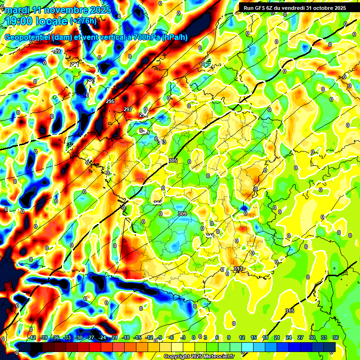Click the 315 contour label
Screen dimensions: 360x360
pyautogui.click(x=289, y=311)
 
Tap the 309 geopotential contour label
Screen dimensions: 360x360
pyautogui.click(x=182, y=214)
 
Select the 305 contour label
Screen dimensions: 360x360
pyautogui.click(x=172, y=160)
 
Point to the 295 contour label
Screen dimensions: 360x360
pyautogui.click(x=110, y=101)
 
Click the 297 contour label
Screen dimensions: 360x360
pyautogui.click(x=127, y=109)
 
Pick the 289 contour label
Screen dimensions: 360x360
pyautogui.click(x=56, y=51)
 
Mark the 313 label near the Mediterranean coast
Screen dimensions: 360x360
pyautogui.click(x=238, y=269)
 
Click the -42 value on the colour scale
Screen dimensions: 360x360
pyautogui.click(x=32, y=337)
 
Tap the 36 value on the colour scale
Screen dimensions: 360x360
pyautogui.click(x=335, y=337)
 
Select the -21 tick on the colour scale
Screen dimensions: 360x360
pyautogui.click(x=114, y=337)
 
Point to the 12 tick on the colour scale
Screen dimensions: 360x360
pyautogui.click(x=241, y=337)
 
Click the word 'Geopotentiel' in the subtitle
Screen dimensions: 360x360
pyautogui.click(x=28, y=37)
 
